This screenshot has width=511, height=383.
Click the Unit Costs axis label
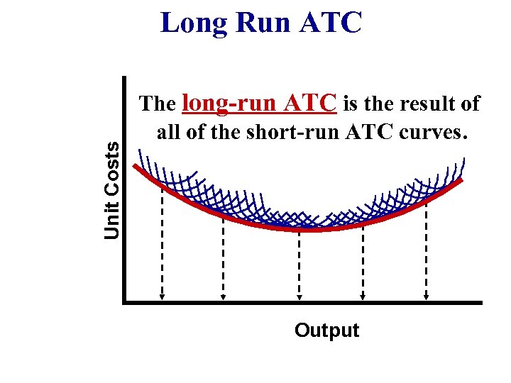(x=112, y=189)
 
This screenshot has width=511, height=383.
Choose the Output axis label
(x=326, y=331)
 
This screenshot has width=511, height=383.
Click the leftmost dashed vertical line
(x=163, y=241)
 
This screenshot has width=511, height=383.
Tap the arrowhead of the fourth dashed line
(x=363, y=297)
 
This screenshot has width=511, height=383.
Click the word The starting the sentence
(x=158, y=105)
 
